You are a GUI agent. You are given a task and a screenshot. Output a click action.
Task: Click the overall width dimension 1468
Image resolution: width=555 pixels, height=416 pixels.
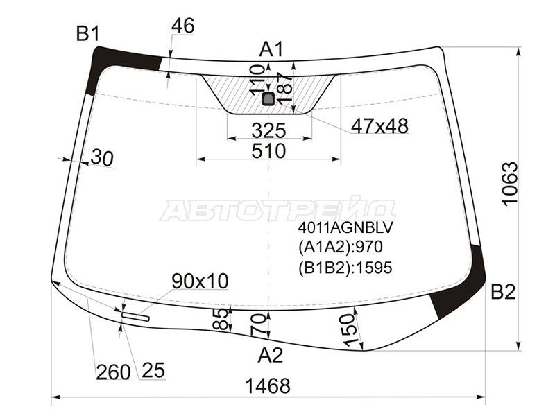268,385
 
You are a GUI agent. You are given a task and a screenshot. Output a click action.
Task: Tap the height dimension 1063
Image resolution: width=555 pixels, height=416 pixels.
510,183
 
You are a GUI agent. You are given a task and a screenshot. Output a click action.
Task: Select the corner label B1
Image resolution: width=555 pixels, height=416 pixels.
88,34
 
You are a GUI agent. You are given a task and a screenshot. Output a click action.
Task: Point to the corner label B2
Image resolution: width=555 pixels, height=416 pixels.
503,292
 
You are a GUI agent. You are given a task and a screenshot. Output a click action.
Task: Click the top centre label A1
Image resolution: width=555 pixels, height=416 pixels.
271,49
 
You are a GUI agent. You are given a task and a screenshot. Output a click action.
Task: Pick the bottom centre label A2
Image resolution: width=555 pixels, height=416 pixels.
271,355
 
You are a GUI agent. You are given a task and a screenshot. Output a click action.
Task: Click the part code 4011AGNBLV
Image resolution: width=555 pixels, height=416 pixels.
345,228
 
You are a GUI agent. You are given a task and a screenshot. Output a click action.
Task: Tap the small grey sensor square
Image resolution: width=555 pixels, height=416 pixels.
268,98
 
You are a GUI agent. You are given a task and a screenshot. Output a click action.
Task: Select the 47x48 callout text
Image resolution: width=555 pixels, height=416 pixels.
379,125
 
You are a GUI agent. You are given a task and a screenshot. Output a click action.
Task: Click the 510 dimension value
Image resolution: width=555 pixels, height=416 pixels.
268,151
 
